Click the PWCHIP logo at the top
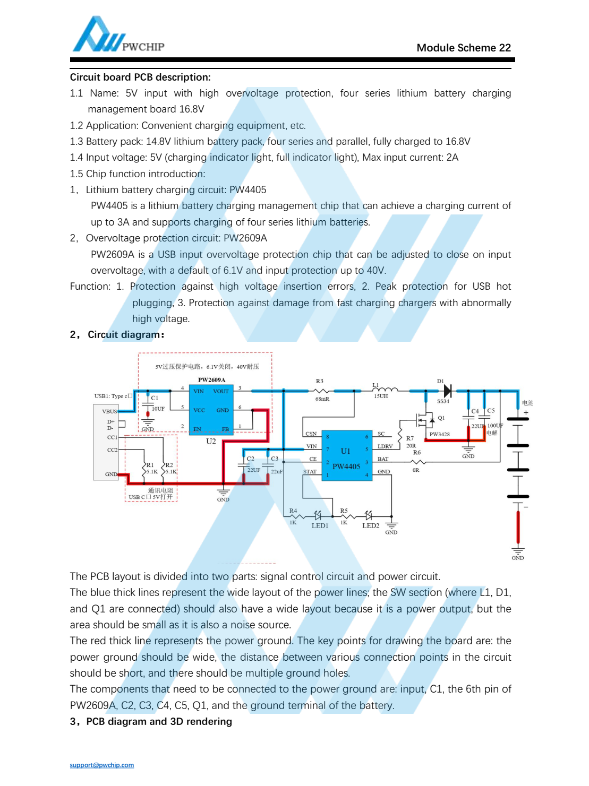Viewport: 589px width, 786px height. tap(118, 36)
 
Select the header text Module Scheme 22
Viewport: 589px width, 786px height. tap(463, 48)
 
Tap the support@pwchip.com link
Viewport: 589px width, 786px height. tap(102, 765)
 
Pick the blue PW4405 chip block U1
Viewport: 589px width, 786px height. tap(346, 455)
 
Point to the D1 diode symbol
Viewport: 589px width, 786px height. tap(447, 391)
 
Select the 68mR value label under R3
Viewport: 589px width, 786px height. tap(322, 399)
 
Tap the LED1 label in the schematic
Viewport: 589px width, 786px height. tap(320, 526)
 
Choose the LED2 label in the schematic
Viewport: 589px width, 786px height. tap(371, 526)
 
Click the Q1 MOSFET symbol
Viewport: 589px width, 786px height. tap(425, 420)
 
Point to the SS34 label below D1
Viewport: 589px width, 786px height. tap(443, 402)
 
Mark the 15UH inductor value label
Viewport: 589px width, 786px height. tap(381, 396)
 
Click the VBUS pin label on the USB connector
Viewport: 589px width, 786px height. tap(109, 411)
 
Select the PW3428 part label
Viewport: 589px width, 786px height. tap(439, 434)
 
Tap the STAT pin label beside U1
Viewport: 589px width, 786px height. tap(310, 471)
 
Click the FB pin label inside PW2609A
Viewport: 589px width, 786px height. tap(225, 429)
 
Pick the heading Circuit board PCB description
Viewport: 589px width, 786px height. tap(140, 77)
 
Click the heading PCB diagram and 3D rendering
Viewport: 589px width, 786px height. tap(159, 721)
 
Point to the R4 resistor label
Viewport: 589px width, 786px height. tap(293, 511)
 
